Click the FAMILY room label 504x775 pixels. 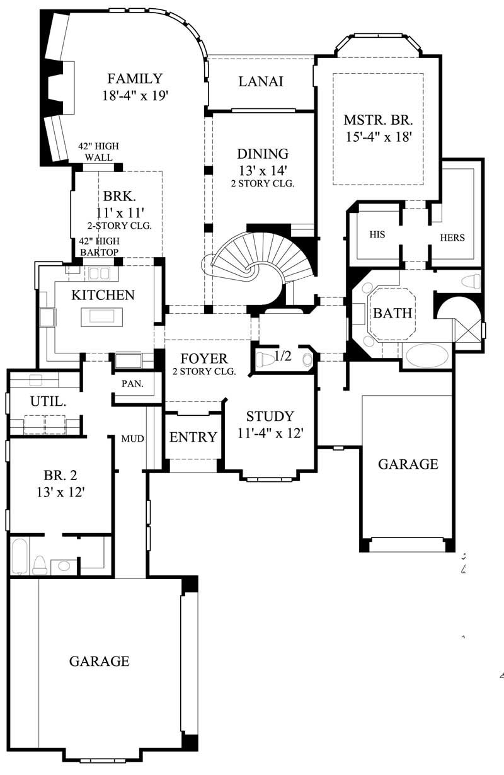pos(135,79)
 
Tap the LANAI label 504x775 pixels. pos(260,81)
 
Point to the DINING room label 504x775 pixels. pos(263,154)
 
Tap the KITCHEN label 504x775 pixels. pos(103,295)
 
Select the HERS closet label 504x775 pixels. pos(452,238)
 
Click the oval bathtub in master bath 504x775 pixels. pos(426,355)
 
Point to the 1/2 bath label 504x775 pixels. pos(283,357)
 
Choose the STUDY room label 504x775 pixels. pos(270,416)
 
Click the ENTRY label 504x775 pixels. pos(193,437)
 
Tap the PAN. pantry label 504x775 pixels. pos(132,383)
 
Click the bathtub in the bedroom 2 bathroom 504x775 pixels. pos(20,556)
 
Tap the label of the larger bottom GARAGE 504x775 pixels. pos(99,661)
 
